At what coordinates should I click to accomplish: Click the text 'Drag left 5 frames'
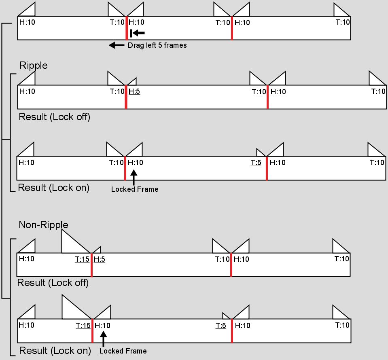[157, 45]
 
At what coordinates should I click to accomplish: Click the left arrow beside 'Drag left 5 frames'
[117, 45]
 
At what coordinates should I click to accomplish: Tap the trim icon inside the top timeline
[137, 33]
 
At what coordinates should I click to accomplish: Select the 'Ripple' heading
[34, 66]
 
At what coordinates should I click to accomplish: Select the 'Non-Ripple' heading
[44, 225]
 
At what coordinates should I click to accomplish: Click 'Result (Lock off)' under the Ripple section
[55, 117]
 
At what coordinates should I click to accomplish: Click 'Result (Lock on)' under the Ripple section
[54, 188]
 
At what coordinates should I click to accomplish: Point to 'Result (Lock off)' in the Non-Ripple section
[53, 283]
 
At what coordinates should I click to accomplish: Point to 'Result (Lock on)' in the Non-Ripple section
[55, 351]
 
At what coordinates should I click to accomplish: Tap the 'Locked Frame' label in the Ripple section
[135, 189]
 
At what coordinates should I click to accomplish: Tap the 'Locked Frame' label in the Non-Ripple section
[123, 351]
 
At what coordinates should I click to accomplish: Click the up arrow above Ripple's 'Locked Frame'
[134, 178]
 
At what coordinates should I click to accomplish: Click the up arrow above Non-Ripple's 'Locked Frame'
[103, 339]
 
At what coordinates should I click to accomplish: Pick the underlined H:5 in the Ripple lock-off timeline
[134, 91]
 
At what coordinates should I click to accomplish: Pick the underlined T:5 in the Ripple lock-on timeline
[256, 163]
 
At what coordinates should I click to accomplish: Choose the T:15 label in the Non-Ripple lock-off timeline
[82, 259]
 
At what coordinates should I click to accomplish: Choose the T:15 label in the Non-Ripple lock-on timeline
[83, 325]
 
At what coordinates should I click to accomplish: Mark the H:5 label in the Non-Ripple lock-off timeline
[100, 259]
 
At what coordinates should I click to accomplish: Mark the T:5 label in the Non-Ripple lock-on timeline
[221, 325]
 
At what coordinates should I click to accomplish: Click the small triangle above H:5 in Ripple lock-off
[133, 82]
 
